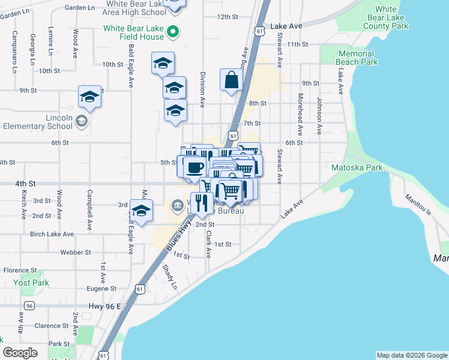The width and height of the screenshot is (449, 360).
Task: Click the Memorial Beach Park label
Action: (357, 58)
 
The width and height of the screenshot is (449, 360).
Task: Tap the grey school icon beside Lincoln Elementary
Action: (80, 122)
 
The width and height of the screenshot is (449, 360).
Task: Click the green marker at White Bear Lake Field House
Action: (173, 31)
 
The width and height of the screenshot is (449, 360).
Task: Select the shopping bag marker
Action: (231, 80)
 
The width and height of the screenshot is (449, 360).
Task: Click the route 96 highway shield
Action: (28, 306)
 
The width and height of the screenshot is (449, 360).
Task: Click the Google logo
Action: (20, 353)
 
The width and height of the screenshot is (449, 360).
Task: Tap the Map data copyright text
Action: (411, 355)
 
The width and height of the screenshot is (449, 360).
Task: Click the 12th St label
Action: (228, 17)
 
